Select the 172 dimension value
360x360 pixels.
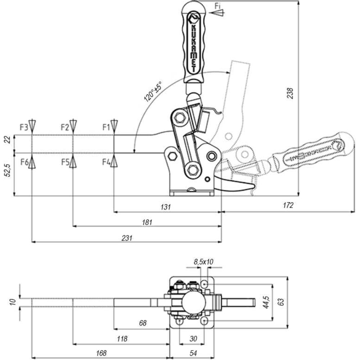pos(288,205)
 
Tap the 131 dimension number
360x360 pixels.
pos(166,207)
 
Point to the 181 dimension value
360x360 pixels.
pos(147,222)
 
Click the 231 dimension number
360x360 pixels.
pos(127,238)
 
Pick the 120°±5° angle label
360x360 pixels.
pos(153,91)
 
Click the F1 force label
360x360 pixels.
pos(107,127)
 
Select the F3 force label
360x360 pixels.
pos(24,127)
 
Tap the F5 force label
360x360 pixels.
pos(66,162)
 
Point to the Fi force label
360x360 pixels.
pos(217,6)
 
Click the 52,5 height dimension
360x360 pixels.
pos(8,170)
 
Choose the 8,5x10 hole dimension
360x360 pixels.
pos(204,261)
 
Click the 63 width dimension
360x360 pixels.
pos(281,302)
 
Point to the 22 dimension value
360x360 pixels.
pos(8,140)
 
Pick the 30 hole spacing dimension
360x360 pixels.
pos(193,339)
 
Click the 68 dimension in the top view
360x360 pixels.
pos(143,323)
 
